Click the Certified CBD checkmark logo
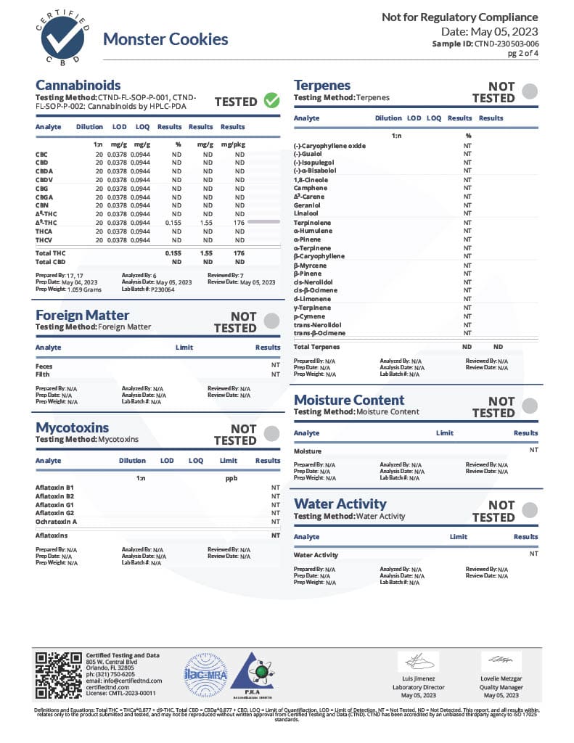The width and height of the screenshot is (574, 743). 62,38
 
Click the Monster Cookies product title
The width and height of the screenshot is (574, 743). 165,39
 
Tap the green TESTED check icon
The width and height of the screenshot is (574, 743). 272,101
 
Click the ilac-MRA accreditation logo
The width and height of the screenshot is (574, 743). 205,675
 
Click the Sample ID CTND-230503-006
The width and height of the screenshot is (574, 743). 507,44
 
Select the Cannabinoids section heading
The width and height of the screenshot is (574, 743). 78,85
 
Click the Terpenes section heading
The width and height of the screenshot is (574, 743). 322,85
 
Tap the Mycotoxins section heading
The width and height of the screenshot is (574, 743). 73,427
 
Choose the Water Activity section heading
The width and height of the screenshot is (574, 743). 340,504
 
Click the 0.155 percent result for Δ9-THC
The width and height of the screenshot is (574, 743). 173,222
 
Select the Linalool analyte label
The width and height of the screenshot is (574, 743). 306,213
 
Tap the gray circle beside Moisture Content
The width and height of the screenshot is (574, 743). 530,406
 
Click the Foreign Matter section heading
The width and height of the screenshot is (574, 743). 83,315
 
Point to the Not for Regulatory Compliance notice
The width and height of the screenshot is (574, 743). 460,17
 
